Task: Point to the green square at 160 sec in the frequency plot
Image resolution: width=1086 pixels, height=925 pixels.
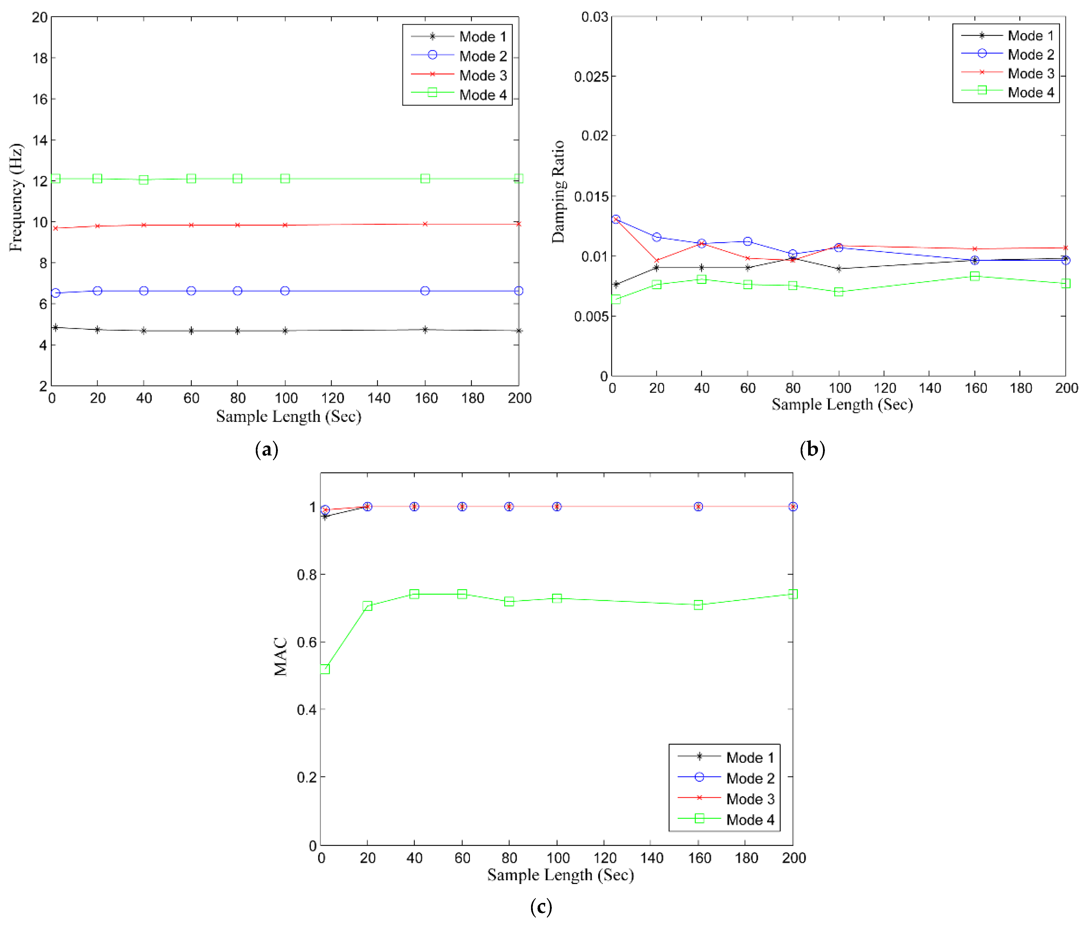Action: (x=425, y=179)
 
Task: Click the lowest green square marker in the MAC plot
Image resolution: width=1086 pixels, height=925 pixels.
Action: (x=324, y=669)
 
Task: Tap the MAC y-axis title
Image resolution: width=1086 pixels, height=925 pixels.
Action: (x=280, y=657)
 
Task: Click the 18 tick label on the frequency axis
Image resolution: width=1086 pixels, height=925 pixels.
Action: (x=40, y=58)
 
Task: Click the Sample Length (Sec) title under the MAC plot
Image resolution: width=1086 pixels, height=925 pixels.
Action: (x=560, y=875)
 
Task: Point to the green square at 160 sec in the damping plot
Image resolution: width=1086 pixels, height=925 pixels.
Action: (x=974, y=276)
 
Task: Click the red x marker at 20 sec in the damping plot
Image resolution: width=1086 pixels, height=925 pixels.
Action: (x=656, y=261)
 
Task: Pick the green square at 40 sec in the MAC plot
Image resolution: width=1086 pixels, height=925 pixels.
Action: (x=414, y=594)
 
